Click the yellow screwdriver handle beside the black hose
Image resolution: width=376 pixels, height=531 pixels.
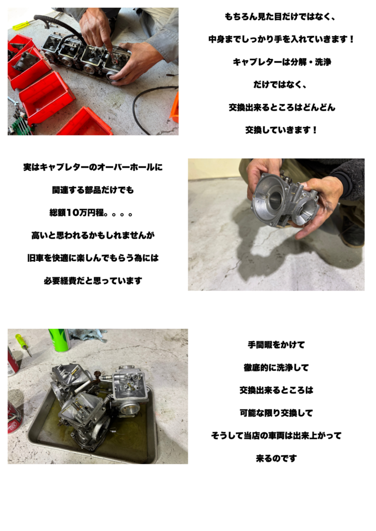(x=20, y=25)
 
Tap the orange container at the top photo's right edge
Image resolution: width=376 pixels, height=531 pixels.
(x=175, y=108)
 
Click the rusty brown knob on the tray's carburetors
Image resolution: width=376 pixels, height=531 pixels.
(x=98, y=374)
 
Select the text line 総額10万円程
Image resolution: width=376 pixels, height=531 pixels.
(x=91, y=213)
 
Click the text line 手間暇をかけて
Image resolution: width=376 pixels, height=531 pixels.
(x=276, y=345)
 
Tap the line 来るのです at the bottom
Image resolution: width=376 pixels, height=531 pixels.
(x=276, y=458)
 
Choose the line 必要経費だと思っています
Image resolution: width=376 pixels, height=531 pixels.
(x=93, y=281)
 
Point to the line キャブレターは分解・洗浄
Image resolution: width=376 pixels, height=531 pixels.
(x=282, y=62)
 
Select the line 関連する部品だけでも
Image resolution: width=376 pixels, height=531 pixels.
(x=93, y=190)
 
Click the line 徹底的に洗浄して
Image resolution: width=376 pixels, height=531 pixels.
(x=276, y=368)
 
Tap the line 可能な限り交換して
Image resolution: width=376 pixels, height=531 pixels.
(x=276, y=413)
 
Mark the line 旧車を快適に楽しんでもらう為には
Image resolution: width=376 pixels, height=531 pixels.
(x=93, y=258)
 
